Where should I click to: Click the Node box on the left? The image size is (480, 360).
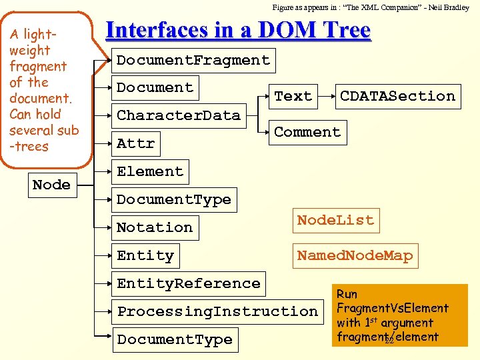click(x=51, y=185)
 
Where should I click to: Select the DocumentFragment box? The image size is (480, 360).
click(x=193, y=60)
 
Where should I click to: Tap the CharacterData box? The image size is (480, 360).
click(x=178, y=115)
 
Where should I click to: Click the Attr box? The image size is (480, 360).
click(x=135, y=143)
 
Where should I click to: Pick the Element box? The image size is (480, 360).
click(x=150, y=171)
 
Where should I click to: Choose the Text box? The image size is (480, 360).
click(x=293, y=96)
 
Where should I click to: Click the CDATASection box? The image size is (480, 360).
click(x=397, y=96)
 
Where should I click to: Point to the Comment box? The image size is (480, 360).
click(x=307, y=132)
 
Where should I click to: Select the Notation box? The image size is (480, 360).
click(x=155, y=227)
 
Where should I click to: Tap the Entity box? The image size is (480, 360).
click(x=145, y=255)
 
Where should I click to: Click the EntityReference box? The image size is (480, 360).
click(x=188, y=283)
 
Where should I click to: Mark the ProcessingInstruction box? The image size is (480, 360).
click(x=217, y=311)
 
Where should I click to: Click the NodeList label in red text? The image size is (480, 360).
click(x=335, y=220)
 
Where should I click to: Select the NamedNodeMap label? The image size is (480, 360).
click(x=355, y=255)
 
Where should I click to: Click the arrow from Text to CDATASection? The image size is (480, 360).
click(x=326, y=96)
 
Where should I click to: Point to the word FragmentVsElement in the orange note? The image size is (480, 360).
click(x=392, y=308)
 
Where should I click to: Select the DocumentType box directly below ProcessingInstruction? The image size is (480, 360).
click(x=174, y=339)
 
